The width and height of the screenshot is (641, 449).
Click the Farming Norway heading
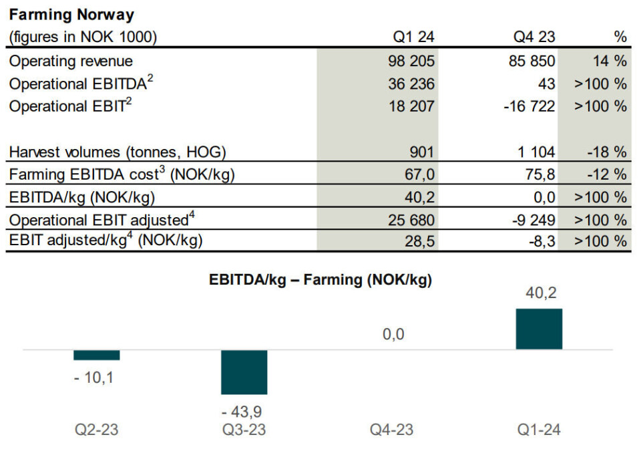click(x=71, y=14)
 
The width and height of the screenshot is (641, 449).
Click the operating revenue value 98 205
click(x=411, y=61)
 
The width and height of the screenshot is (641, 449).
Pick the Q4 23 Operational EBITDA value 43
click(x=546, y=84)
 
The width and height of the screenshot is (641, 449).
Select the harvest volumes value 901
click(x=421, y=152)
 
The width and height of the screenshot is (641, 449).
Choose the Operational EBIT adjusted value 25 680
click(x=411, y=220)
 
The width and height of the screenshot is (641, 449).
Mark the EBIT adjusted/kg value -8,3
click(x=540, y=241)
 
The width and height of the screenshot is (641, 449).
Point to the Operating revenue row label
click(x=71, y=61)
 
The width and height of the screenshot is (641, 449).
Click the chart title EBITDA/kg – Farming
click(x=321, y=281)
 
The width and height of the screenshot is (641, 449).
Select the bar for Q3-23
click(x=244, y=371)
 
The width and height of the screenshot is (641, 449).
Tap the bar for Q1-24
click(x=539, y=329)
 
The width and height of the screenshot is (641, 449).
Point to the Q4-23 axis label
click(x=391, y=430)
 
